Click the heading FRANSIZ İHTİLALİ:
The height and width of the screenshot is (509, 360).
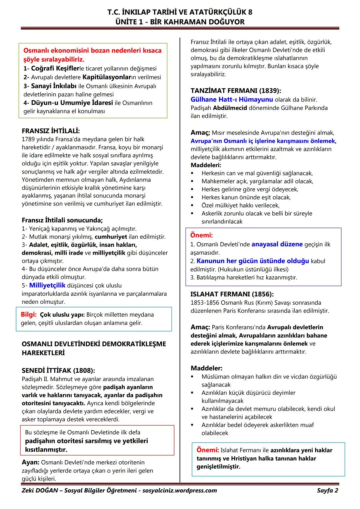(51, 131)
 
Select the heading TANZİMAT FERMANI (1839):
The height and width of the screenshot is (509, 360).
(236, 91)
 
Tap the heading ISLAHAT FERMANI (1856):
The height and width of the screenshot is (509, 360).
(232, 294)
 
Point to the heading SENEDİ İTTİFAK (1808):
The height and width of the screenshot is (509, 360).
(58, 370)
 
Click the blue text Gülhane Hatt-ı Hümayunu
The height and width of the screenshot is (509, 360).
(232, 99)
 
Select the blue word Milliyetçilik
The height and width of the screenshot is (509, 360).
(47, 285)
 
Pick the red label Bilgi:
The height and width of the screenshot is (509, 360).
(29, 314)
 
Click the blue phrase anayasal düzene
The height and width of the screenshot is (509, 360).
(277, 244)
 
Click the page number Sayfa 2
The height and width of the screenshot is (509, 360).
(327, 490)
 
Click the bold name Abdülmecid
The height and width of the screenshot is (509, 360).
(230, 108)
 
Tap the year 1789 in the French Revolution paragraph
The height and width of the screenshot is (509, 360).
(28, 139)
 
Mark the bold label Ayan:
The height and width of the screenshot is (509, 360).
(31, 462)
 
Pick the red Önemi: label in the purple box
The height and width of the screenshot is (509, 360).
(201, 235)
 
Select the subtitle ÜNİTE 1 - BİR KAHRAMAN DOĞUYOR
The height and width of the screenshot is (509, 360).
(180, 22)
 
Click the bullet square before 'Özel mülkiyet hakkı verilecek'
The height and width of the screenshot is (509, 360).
(192, 205)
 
